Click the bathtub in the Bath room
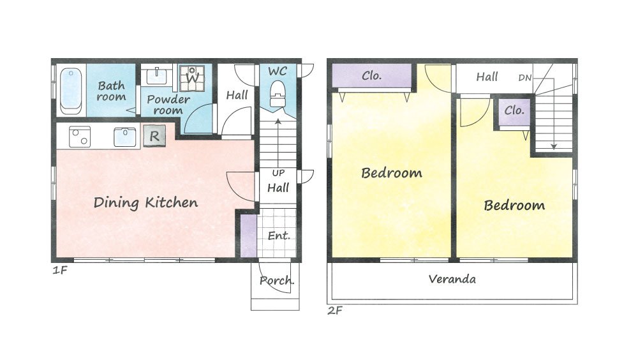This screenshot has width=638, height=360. coord(71,91)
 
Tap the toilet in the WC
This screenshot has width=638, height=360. coord(278,94)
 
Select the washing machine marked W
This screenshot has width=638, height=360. coord(192,78)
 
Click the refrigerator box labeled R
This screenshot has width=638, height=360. coord(154,136)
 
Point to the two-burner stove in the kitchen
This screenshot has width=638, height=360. coord(80,137)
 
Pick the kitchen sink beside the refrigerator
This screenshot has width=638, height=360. coord(125,137)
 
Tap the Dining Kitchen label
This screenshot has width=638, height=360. coord(145,203)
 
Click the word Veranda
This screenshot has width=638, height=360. coord(452,279)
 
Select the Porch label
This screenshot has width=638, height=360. coord(277,281)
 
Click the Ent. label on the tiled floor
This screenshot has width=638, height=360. coord(279,236)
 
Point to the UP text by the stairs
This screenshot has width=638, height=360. coord(278,173)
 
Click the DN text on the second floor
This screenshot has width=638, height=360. coord(525,77)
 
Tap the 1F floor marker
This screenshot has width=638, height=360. coord(59,270)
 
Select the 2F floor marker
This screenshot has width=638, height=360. coord(335,311)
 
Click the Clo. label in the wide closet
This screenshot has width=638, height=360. coord(371,76)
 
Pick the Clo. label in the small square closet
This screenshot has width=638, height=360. coord(514,110)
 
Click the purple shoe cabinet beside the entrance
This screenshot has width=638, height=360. coord(248,236)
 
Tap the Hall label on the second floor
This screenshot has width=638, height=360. coord(487,77)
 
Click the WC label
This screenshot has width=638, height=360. coord(278,71)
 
